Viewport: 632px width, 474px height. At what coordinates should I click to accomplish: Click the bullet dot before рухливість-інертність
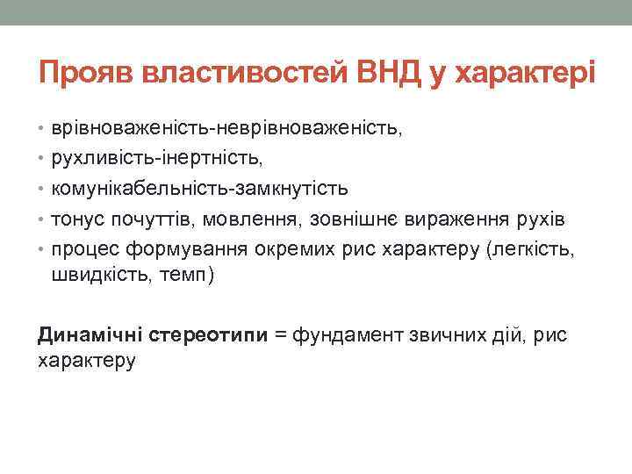[x=43, y=159]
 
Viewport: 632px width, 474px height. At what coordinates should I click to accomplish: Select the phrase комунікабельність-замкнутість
[x=200, y=189]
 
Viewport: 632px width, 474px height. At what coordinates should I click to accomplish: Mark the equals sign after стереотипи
[x=280, y=334]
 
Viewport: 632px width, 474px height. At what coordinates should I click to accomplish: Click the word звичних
[x=440, y=334]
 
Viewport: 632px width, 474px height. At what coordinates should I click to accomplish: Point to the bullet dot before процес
[x=43, y=248]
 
